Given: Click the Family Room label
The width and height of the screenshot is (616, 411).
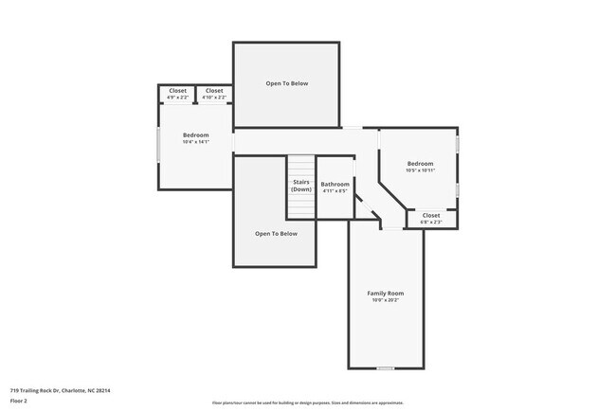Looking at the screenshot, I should pyautogui.click(x=386, y=294).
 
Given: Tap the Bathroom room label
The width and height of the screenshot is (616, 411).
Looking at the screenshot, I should pyautogui.click(x=335, y=184).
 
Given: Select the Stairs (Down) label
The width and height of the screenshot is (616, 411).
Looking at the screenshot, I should pyautogui.click(x=301, y=185).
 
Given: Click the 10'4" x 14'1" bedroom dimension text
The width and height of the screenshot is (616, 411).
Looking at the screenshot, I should pyautogui.click(x=195, y=143).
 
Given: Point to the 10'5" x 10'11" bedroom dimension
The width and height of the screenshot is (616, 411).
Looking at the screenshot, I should pyautogui.click(x=420, y=170).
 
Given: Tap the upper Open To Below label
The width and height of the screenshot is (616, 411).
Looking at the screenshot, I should pyautogui.click(x=286, y=83).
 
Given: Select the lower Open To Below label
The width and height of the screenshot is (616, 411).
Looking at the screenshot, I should pyautogui.click(x=276, y=233).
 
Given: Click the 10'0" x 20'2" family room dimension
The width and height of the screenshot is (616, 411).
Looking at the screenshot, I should pyautogui.click(x=386, y=301).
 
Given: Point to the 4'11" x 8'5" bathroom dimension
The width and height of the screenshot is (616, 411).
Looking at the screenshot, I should pyautogui.click(x=335, y=191).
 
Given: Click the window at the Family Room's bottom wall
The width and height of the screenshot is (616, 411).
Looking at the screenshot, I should pyautogui.click(x=386, y=368).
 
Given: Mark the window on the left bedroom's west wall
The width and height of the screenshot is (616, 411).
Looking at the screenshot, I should pyautogui.click(x=157, y=147).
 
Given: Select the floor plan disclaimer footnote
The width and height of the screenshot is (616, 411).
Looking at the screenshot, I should pyautogui.click(x=307, y=402).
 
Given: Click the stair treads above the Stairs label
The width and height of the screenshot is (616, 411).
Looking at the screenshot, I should pyautogui.click(x=301, y=165).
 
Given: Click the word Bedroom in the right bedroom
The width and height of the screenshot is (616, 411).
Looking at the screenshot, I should pyautogui.click(x=420, y=163).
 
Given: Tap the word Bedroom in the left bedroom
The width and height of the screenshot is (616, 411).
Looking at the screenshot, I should pyautogui.click(x=195, y=135).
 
